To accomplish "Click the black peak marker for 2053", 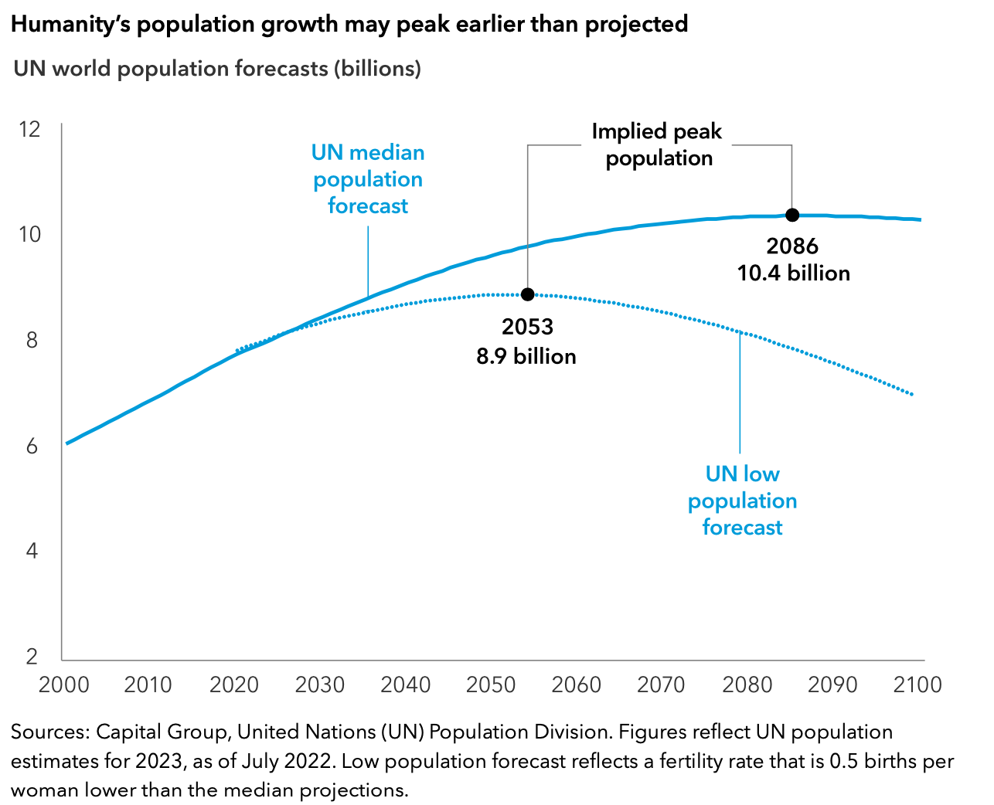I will [527, 294].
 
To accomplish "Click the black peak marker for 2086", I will [792, 215].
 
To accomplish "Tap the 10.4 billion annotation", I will [794, 273].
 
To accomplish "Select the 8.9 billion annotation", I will [526, 356].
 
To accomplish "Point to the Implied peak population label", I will [657, 144].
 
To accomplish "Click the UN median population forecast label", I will [368, 179].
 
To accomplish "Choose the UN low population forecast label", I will [742, 501].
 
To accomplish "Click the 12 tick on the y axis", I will [29, 129].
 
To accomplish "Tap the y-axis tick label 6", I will [32, 446].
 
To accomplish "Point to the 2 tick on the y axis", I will [32, 657].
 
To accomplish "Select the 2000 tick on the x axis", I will [63, 685].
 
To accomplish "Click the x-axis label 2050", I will [491, 685].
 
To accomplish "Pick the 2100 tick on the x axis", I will [917, 685].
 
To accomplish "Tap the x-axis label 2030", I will [320, 685].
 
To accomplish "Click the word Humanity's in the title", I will [69, 25].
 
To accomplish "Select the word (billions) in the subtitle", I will [377, 69].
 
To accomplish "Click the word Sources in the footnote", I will [49, 732].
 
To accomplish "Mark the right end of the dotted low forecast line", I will [913, 395].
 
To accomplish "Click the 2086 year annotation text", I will [792, 246].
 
